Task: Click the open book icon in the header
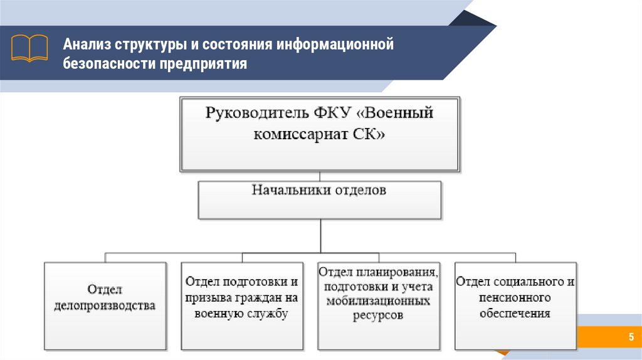click(29, 48)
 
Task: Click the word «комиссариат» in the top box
click(296, 134)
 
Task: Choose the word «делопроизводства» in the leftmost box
click(105, 306)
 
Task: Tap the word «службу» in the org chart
click(266, 314)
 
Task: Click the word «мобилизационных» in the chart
click(378, 301)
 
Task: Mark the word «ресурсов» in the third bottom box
click(378, 315)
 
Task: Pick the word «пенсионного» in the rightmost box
click(515, 297)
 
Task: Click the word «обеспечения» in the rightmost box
click(515, 313)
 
